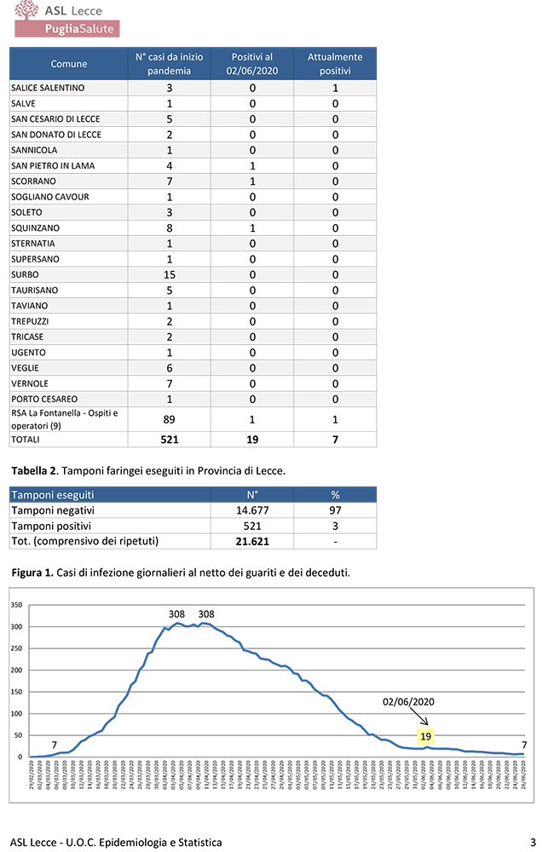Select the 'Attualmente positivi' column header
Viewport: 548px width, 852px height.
coord(335,64)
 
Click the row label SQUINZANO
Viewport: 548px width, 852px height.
coord(34,228)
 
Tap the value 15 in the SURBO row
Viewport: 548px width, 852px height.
coord(170,274)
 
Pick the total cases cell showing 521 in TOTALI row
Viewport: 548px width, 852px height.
coord(170,440)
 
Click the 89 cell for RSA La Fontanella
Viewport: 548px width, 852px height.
coord(170,419)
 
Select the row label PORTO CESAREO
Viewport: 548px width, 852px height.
coord(44,399)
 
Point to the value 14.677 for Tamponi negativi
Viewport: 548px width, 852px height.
coord(252,509)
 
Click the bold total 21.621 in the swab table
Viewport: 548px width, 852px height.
coord(252,541)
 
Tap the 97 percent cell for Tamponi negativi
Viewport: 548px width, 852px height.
coord(334,509)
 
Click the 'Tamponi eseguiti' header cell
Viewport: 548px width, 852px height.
coord(53,494)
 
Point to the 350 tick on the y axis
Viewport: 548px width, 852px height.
coord(16,605)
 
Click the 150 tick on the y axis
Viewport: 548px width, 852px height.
coord(16,692)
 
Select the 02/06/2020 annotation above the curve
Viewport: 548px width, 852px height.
coord(409,701)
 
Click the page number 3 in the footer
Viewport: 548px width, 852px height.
coord(532,842)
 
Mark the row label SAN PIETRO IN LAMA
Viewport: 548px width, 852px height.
coord(49,166)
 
